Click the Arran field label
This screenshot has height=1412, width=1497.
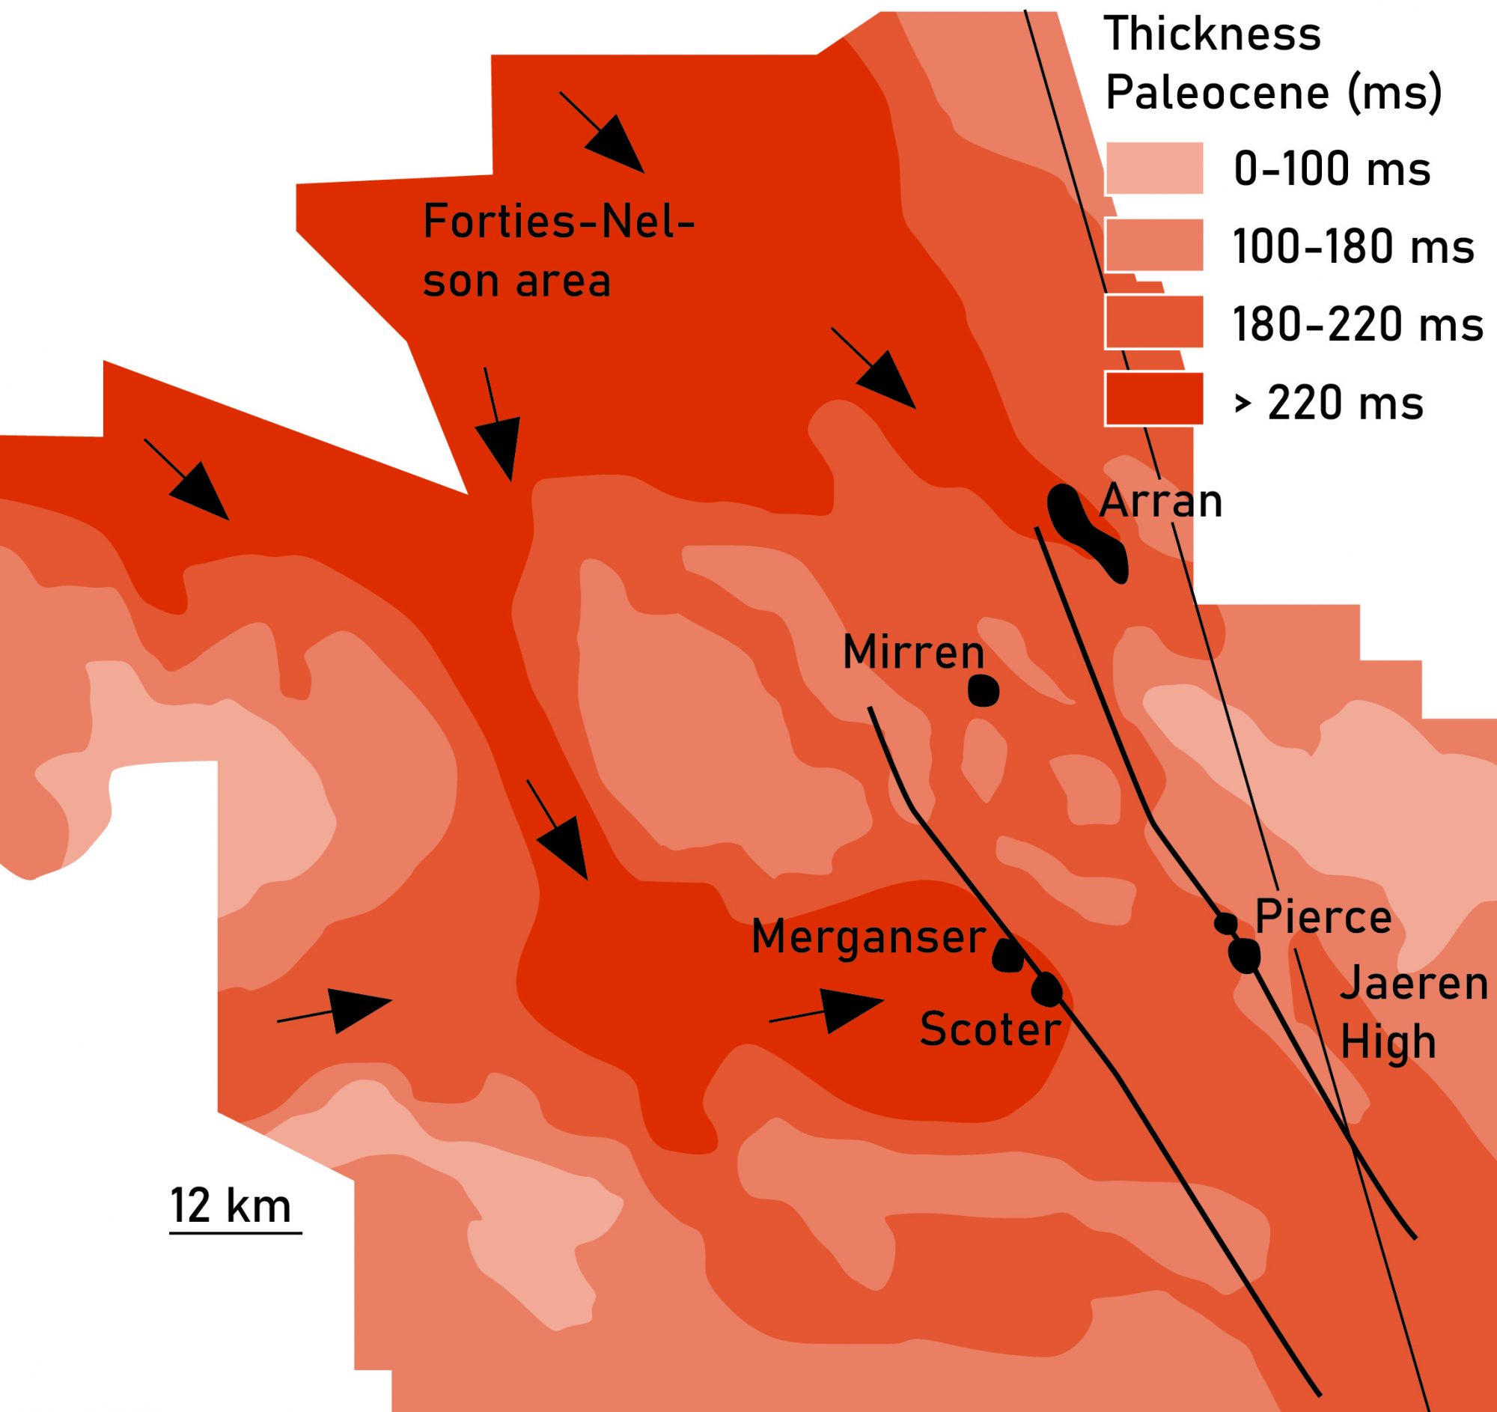[x=1161, y=502]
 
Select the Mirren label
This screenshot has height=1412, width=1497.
[x=913, y=652]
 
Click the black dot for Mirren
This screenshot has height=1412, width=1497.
[x=983, y=690]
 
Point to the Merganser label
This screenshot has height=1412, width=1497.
[x=868, y=937]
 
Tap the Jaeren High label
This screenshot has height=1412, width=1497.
[x=1413, y=1013]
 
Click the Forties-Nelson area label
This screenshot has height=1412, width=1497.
[x=557, y=252]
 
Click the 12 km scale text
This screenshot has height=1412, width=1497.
[x=231, y=1205]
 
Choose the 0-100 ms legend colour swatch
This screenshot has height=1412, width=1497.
[x=1153, y=168]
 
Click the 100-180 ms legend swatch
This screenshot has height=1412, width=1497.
[x=1153, y=245]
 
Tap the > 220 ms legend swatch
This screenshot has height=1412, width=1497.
[x=1153, y=399]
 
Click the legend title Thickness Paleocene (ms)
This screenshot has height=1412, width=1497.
[x=1272, y=64]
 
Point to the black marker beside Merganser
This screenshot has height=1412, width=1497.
[x=1007, y=955]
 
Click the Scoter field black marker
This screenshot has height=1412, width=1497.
[x=1046, y=989]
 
